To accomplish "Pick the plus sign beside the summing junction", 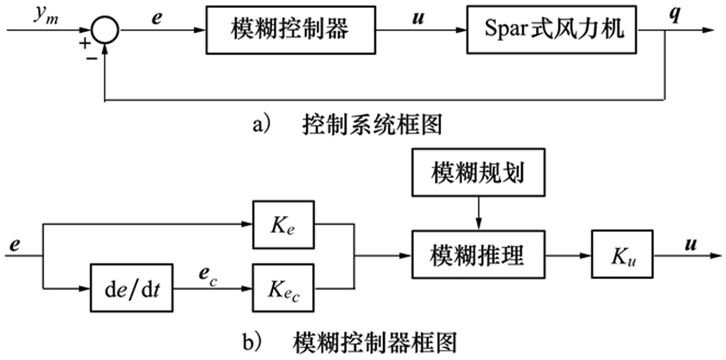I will point(85,42).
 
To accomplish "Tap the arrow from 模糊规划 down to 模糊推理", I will point(478,212).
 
